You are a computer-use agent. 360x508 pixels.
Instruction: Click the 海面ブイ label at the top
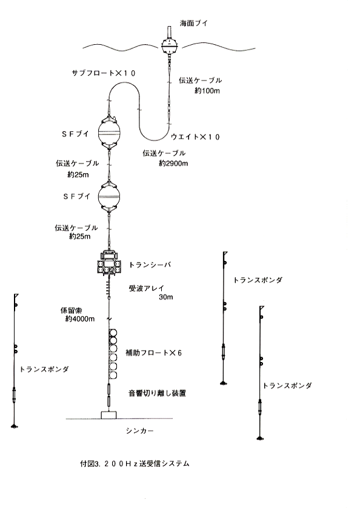(193, 24)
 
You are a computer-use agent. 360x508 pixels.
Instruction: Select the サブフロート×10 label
(104, 73)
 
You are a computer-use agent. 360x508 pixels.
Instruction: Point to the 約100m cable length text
(207, 91)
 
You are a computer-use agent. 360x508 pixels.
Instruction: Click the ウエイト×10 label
(195, 137)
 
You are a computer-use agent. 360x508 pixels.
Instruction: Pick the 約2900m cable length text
(173, 163)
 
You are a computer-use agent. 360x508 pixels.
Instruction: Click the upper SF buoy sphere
(109, 133)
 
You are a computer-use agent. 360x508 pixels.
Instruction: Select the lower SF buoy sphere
(109, 197)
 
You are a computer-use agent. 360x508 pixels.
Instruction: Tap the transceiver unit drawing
(109, 263)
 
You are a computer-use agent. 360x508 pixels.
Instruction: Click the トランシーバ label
(150, 265)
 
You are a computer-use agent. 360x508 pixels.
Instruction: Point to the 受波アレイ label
(147, 288)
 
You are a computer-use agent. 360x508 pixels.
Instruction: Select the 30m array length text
(165, 297)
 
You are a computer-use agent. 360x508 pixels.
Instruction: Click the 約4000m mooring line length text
(80, 319)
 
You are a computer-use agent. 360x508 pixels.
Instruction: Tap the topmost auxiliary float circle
(113, 333)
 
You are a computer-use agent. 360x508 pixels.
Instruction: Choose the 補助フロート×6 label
(153, 352)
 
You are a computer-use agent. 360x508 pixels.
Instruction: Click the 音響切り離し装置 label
(158, 394)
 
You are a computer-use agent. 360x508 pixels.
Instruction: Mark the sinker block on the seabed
(108, 415)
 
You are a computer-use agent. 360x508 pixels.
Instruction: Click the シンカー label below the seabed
(139, 431)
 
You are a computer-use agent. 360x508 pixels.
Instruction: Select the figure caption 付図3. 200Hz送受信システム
(135, 464)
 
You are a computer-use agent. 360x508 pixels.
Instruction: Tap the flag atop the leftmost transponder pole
(16, 296)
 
